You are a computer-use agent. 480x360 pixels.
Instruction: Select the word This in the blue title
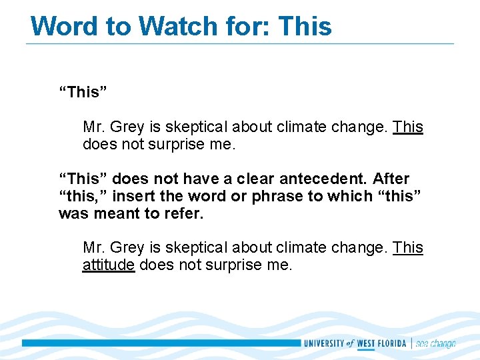point(304,26)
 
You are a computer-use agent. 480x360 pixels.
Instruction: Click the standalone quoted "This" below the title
point(83,92)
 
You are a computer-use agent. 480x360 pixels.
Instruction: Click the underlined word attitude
point(109,265)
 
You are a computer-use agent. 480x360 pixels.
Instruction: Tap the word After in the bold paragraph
point(391,179)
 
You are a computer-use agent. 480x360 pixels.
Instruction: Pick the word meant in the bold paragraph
point(119,213)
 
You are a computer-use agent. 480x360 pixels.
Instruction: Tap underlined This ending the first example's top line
point(408,127)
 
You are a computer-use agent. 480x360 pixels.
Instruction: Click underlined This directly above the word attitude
point(408,247)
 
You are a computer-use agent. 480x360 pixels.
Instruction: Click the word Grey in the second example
point(127,247)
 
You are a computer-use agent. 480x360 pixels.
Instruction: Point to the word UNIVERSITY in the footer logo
point(324,343)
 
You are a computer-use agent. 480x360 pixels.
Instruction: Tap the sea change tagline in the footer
point(435,343)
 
